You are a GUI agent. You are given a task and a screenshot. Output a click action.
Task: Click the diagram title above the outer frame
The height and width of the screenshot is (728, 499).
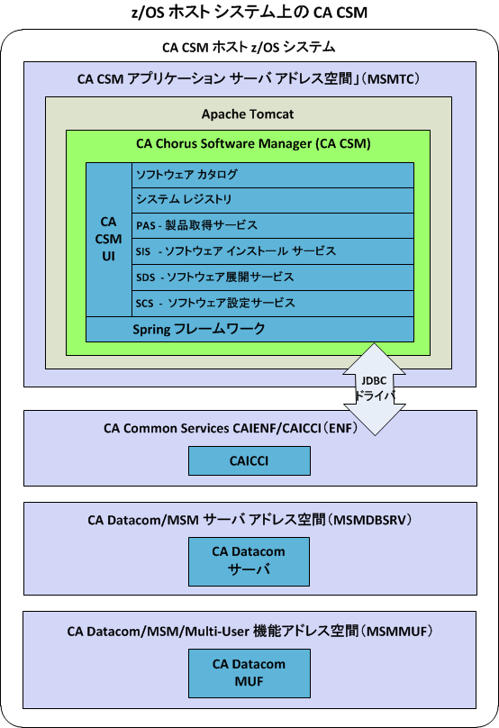click(249, 12)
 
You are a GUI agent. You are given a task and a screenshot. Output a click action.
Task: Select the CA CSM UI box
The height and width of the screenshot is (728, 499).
click(108, 239)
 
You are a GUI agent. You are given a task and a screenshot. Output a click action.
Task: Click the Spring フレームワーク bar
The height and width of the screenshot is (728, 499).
click(249, 329)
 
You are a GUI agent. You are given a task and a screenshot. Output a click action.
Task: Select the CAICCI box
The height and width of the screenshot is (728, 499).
click(249, 460)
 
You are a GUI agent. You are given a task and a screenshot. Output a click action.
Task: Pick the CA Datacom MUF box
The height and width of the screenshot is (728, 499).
click(249, 672)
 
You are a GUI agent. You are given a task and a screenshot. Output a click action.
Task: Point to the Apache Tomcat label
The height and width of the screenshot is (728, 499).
click(248, 114)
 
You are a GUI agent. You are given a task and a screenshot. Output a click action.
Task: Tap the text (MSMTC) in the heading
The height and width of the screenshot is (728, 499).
click(393, 78)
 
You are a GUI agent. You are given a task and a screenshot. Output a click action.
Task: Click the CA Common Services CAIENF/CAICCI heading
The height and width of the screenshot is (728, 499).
click(231, 429)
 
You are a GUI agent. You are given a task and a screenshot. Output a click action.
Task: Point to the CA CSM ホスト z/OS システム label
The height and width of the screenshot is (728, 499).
click(249, 47)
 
